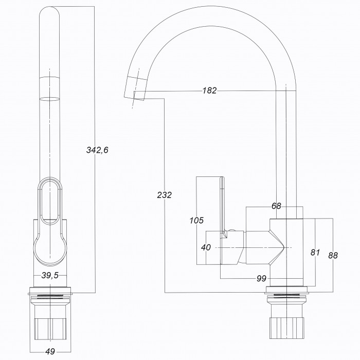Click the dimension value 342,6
pos(97,150)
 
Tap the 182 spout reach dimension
pos(209,91)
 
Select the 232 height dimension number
pos(165,195)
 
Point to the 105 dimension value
pos(196,221)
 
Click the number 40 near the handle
pos(206,247)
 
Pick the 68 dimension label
pos(276,206)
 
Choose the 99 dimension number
pos(261,279)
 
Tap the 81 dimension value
pos(315,253)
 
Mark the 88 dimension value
pos(333,255)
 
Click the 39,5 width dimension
pos(50,275)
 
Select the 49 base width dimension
pos(50,351)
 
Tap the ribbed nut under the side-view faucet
pos(287,328)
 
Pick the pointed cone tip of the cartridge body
pos(284,247)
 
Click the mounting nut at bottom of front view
pos(50,329)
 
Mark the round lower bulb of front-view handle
pos(50,251)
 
